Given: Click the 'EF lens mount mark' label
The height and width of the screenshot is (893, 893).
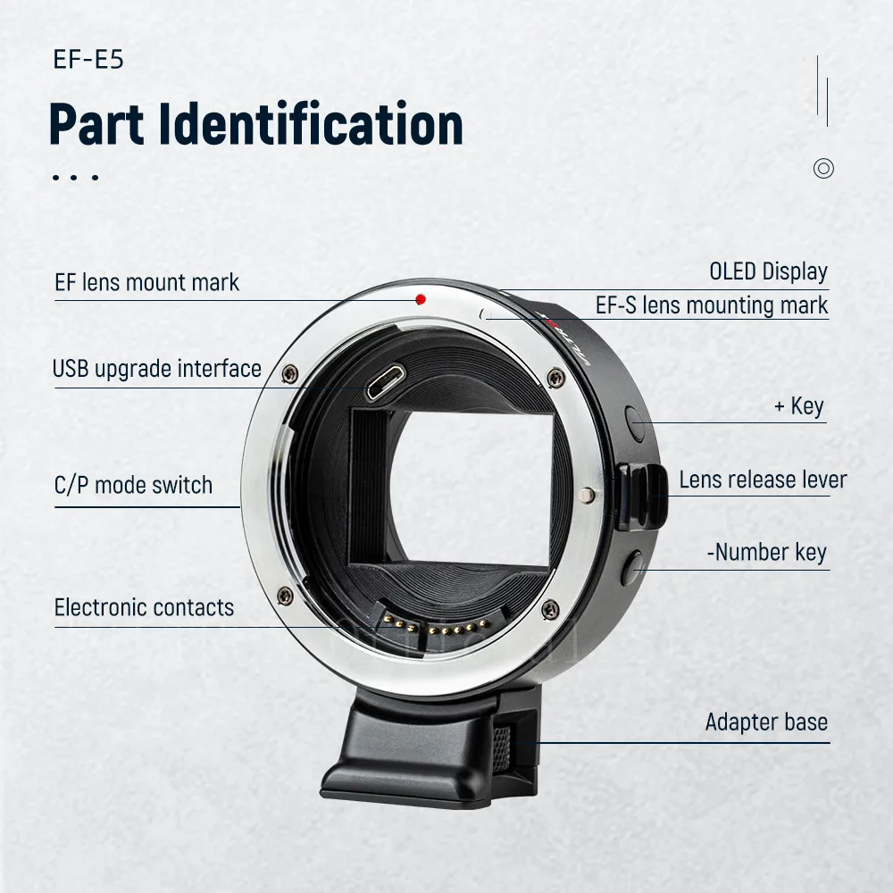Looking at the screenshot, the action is [147, 283].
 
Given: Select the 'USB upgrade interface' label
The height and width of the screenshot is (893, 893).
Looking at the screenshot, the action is [157, 369].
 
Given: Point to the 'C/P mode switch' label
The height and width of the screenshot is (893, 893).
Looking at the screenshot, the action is [134, 486].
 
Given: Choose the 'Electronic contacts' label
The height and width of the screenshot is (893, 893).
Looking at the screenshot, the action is [145, 608].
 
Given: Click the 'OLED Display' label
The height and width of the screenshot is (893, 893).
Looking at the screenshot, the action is [768, 271].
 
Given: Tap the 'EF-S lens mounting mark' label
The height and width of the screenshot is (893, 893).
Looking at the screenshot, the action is [712, 305].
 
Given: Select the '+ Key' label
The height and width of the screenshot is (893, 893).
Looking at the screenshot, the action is [799, 407].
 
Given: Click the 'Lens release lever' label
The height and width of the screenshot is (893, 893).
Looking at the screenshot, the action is [763, 480].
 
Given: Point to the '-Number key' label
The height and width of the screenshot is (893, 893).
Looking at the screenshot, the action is [767, 553].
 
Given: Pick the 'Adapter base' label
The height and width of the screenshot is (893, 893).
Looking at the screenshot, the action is [766, 722].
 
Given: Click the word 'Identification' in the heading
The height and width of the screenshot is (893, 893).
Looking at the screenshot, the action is [312, 124].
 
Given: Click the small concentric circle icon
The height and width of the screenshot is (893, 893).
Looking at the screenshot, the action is [823, 168].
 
